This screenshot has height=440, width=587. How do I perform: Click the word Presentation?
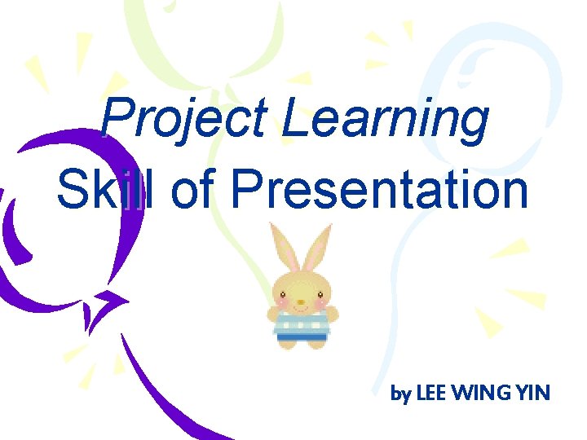click(x=379, y=189)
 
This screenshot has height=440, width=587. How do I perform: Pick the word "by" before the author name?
click(x=400, y=395)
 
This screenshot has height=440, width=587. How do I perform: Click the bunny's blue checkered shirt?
click(x=302, y=324)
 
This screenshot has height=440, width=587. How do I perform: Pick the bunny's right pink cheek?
click(x=321, y=302)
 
